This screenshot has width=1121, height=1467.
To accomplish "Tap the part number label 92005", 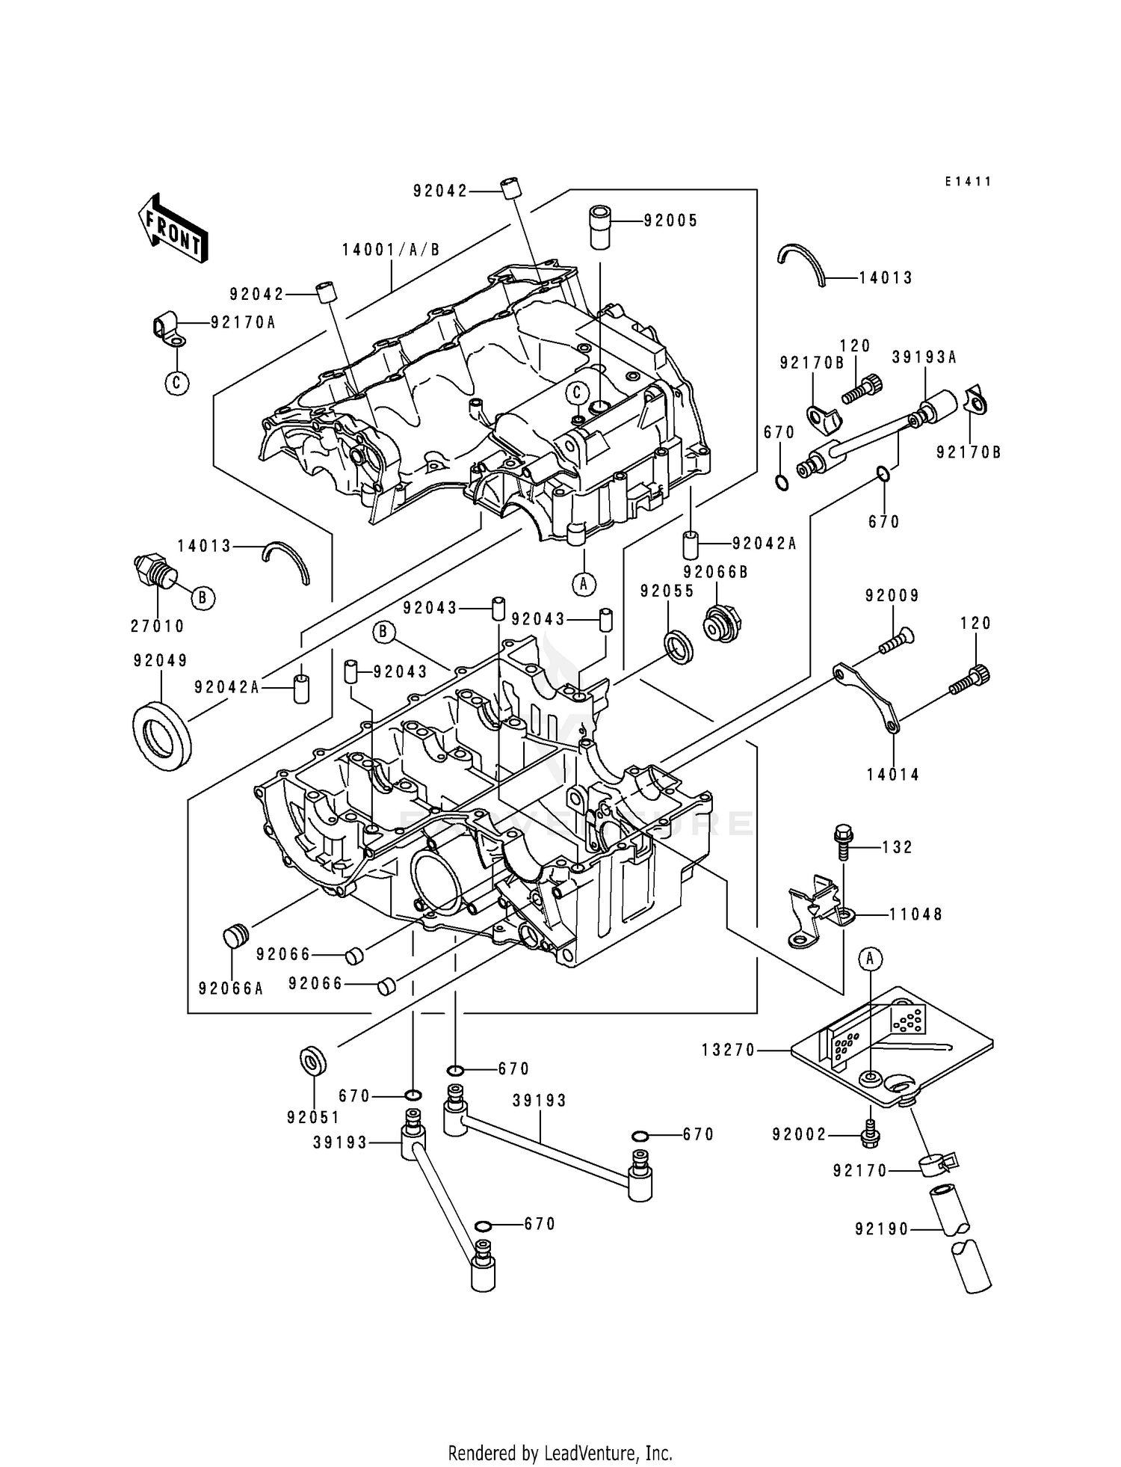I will pyautogui.click(x=670, y=221).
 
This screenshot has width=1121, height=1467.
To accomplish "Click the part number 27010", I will pyautogui.click(x=157, y=627).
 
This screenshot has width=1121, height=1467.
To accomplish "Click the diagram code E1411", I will pyautogui.click(x=967, y=182).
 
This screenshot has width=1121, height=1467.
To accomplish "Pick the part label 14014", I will pyautogui.click(x=892, y=775).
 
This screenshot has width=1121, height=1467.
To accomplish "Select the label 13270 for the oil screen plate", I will pyautogui.click(x=729, y=1051).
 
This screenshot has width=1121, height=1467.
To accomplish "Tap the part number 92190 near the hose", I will pyautogui.click(x=882, y=1229).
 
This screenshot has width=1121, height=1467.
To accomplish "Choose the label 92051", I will pyautogui.click(x=312, y=1118).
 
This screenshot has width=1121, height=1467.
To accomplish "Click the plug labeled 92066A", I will pyautogui.click(x=235, y=936).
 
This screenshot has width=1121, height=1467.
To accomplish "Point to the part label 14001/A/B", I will pyautogui.click(x=391, y=250).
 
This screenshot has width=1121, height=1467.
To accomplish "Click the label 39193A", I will pyautogui.click(x=924, y=357).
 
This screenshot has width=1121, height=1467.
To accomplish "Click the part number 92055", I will pyautogui.click(x=667, y=591).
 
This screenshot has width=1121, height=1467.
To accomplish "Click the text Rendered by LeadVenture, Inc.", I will pyautogui.click(x=560, y=1453).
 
